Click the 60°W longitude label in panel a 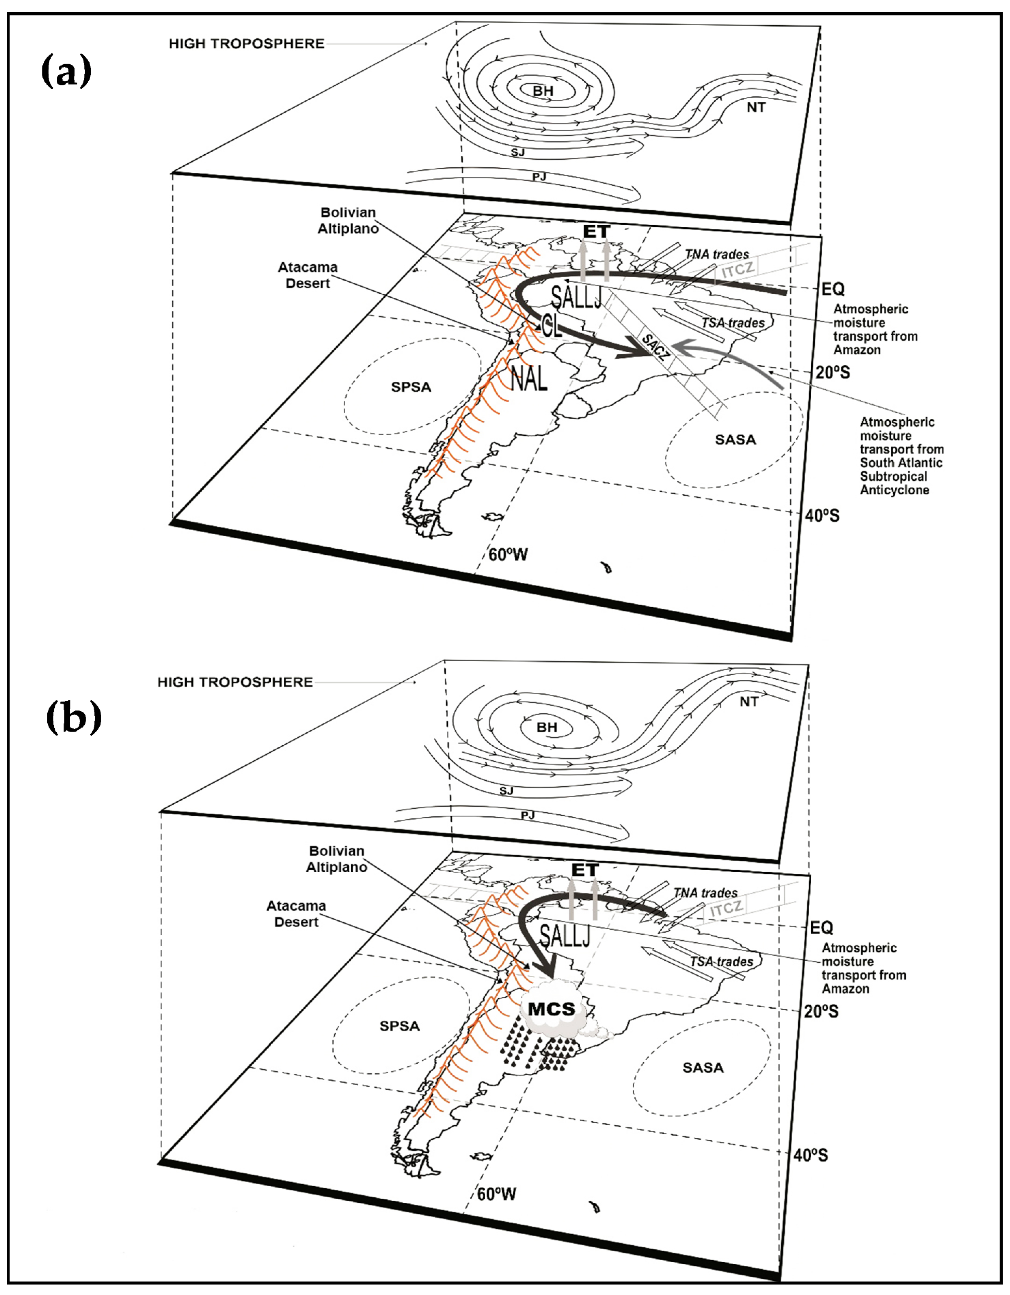(508, 554)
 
